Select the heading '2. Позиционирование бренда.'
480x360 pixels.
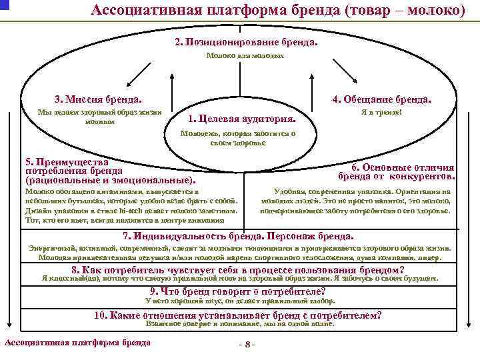246,41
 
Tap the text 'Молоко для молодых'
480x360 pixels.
245,56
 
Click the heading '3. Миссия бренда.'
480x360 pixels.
94,99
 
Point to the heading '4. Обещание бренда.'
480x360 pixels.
381,99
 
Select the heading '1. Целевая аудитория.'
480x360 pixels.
243,119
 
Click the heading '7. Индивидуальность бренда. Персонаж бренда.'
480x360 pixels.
239,236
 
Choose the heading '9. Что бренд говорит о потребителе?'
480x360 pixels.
237,291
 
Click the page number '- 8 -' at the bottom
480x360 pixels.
246,345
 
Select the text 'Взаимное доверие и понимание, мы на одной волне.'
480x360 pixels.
239,324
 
